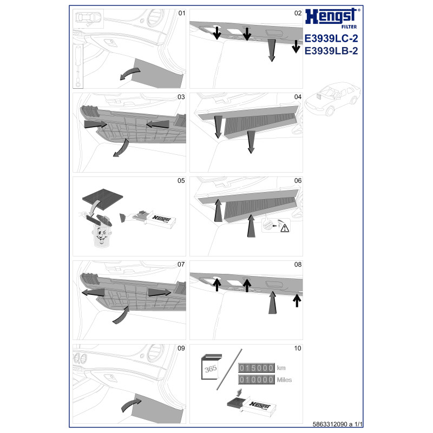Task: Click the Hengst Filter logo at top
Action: pos(332,18)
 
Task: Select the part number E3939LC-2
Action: pos(331,38)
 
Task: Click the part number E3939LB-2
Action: pos(331,51)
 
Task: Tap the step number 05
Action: pos(181,181)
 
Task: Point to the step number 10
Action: pos(297,348)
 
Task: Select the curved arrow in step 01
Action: pos(130,74)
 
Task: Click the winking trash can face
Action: pos(102,235)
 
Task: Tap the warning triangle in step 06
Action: pos(285,228)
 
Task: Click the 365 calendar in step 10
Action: pos(211,368)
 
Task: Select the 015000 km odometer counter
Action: pos(256,368)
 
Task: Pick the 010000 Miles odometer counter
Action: pos(256,380)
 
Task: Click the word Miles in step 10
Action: pos(284,380)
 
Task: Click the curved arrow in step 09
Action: pos(130,405)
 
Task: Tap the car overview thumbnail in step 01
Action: pos(88,18)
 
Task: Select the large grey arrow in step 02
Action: pos(272,50)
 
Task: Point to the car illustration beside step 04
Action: pos(332,98)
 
